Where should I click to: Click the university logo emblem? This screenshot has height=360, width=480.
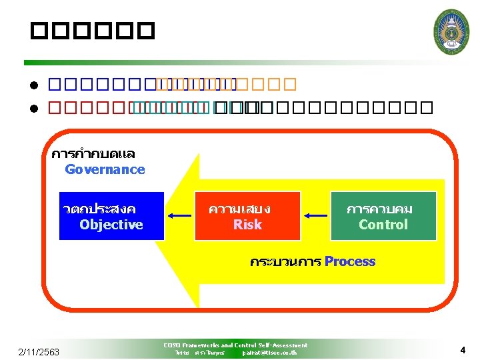coord(451,31)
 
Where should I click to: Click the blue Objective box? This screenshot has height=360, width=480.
coord(111,216)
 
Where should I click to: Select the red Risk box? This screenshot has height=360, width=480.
coord(247,216)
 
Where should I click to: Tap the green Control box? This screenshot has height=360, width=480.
coord(383,216)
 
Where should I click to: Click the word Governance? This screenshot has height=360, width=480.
coord(105,169)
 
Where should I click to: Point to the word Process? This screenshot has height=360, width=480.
coord(350,261)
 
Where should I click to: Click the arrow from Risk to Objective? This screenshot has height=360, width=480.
coord(179,215)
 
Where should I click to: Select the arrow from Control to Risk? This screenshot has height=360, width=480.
coord(315,215)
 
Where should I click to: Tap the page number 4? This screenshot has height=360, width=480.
coord(462,349)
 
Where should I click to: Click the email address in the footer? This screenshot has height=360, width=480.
coord(269,352)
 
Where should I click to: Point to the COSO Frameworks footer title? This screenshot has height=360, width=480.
coord(235,345)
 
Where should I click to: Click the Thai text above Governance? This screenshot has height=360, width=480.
coord(93,155)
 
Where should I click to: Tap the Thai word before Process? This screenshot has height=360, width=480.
coord(285,261)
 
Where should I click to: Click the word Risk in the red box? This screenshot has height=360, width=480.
coord(247,225)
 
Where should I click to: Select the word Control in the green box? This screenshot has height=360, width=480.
coord(383,225)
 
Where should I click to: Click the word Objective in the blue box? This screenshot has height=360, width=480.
coord(111,225)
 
